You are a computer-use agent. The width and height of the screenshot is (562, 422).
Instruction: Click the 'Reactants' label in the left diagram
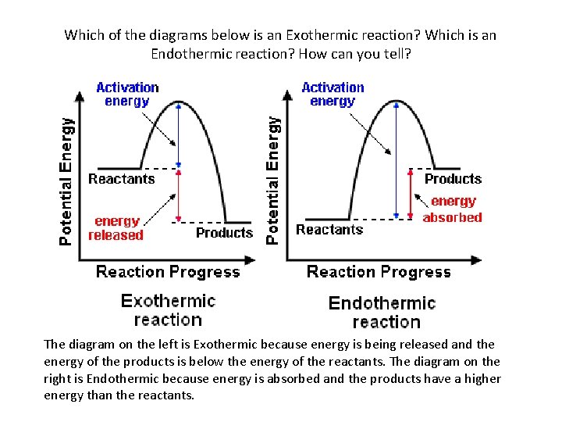(121, 179)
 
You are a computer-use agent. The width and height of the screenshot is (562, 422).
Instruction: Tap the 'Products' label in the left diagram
(224, 233)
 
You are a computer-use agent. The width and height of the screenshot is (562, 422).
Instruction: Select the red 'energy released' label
(116, 228)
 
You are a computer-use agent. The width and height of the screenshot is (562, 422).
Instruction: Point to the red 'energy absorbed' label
(453, 209)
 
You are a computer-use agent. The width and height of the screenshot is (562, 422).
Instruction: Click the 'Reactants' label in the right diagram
(329, 230)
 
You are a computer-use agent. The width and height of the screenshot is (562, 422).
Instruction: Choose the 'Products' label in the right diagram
(453, 179)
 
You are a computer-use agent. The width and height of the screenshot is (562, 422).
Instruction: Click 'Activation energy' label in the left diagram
(127, 94)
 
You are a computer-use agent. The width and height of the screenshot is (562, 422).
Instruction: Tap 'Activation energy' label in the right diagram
(333, 94)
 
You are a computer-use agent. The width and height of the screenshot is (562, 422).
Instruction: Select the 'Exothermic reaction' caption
(168, 309)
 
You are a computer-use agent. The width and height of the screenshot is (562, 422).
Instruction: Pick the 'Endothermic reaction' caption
(382, 312)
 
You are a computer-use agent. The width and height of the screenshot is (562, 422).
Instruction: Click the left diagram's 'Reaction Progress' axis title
(168, 272)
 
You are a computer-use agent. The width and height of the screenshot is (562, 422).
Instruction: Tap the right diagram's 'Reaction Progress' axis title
(379, 272)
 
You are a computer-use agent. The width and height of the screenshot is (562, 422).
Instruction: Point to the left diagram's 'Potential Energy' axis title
(68, 181)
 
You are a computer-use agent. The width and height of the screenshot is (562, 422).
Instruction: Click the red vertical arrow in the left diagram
(179, 195)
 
